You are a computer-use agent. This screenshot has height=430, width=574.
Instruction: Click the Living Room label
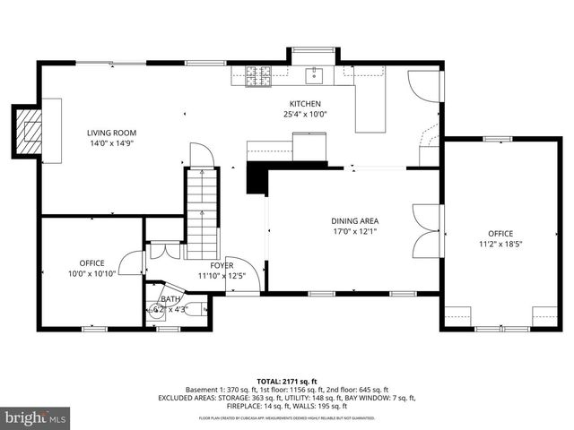pyautogui.click(x=112, y=133)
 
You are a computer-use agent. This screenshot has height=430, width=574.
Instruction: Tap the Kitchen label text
pyautogui.click(x=304, y=104)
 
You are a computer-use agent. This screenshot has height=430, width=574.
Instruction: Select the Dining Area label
pyautogui.click(x=354, y=219)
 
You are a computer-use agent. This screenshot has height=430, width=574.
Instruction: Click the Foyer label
pyautogui.click(x=222, y=265)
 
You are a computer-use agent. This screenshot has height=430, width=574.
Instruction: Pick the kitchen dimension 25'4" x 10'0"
pyautogui.click(x=305, y=115)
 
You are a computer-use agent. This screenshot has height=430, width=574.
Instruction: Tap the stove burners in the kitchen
pyautogui.click(x=258, y=78)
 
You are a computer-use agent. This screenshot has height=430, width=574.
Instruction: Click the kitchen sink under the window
pyautogui.click(x=314, y=74)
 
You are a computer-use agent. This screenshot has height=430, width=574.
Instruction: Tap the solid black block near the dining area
pyautogui.click(x=257, y=177)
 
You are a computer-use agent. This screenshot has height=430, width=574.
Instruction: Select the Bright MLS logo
pyautogui.click(x=35, y=418)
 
